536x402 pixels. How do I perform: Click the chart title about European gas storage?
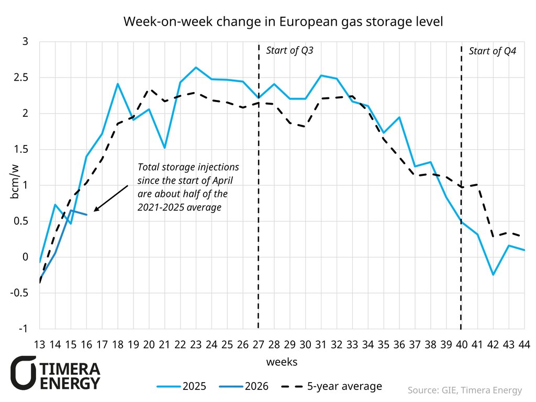click(x=283, y=22)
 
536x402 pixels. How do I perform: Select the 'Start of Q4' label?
click(x=492, y=51)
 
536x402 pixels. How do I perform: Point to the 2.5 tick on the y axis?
click(x=26, y=77)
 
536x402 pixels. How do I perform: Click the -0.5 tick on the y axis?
click(x=24, y=293)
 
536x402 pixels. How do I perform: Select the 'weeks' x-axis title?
click(x=282, y=362)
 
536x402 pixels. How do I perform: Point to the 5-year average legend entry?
click(x=332, y=387)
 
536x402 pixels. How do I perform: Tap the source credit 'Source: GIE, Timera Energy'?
click(x=465, y=390)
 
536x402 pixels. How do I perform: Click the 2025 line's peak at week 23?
click(x=196, y=68)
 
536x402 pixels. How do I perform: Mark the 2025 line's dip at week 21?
click(x=165, y=148)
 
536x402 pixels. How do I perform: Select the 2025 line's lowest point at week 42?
click(x=493, y=275)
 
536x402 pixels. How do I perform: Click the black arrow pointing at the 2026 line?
click(x=110, y=198)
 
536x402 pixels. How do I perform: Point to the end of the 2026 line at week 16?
click(x=87, y=215)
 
